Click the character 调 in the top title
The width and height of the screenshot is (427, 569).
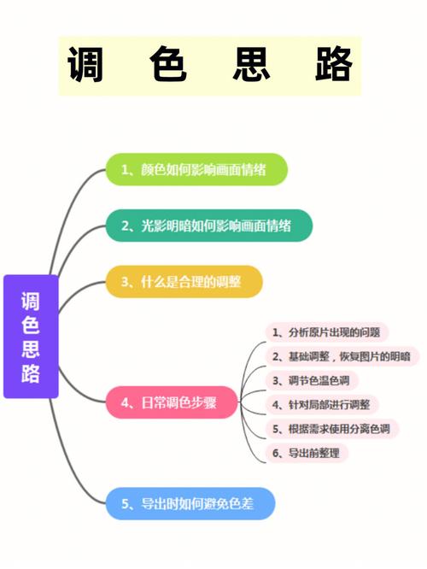85,64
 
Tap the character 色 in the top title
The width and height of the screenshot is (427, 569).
168,64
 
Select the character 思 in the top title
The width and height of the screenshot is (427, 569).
251,64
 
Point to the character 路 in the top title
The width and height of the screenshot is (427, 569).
334,64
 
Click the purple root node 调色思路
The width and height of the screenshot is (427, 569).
31,337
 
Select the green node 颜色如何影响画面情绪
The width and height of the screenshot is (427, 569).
196,169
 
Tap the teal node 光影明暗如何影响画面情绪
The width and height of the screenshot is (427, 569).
209,226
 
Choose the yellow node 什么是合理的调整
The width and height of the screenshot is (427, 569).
184,282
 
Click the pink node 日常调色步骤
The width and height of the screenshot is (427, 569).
172,402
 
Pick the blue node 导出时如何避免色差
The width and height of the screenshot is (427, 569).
190,504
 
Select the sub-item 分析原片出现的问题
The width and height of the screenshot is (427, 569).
327,332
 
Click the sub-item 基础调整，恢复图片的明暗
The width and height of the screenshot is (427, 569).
342,356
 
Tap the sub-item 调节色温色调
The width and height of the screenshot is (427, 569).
312,380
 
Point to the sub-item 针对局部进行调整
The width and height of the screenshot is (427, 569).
322,405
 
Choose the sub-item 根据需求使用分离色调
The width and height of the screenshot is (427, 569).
332,429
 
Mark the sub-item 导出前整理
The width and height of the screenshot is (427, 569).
307,453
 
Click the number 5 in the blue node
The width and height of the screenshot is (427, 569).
126,504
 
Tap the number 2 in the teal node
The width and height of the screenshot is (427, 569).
126,226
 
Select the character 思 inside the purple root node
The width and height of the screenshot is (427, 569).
31,349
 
